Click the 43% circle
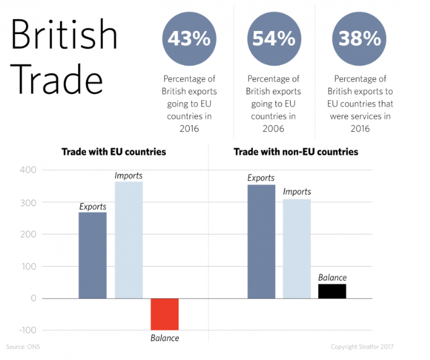click(x=189, y=38)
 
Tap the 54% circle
click(x=273, y=38)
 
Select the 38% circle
click(x=359, y=38)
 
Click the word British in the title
click(x=64, y=35)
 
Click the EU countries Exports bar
click(x=92, y=255)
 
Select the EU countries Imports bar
click(x=129, y=240)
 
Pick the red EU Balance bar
click(x=165, y=314)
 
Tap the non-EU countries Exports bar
click(x=261, y=241)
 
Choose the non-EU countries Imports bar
click(x=297, y=249)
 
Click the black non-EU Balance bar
click(x=332, y=291)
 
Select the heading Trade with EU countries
click(x=113, y=152)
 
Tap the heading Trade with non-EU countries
click(x=296, y=152)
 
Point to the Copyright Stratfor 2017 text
click(x=362, y=347)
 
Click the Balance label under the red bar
click(x=165, y=338)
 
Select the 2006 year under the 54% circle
click(x=273, y=129)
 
